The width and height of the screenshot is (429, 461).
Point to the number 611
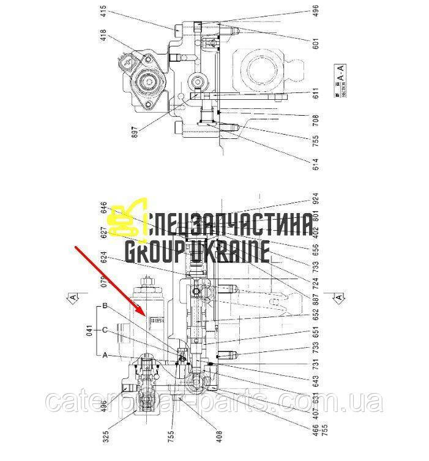[316, 95]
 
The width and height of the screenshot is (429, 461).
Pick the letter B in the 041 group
[105, 305]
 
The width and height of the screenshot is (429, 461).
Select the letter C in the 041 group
[105, 330]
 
